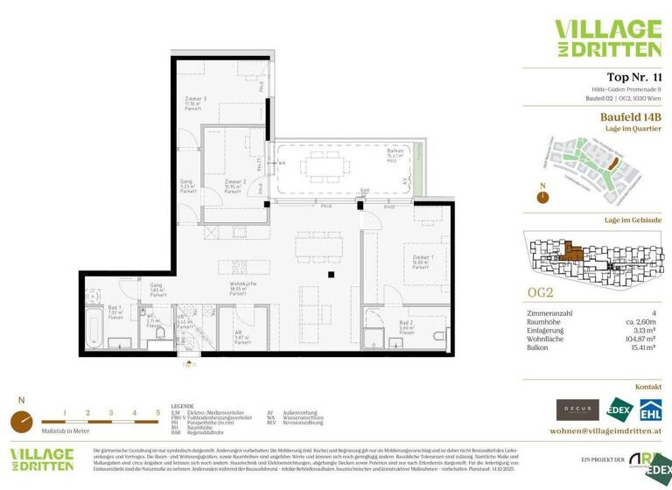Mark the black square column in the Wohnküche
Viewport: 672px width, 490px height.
(332, 276)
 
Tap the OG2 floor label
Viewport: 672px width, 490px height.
(540, 291)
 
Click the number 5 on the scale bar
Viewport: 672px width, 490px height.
(157, 411)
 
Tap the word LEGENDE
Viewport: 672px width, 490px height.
(182, 407)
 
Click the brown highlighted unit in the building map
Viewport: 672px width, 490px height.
(572, 252)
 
